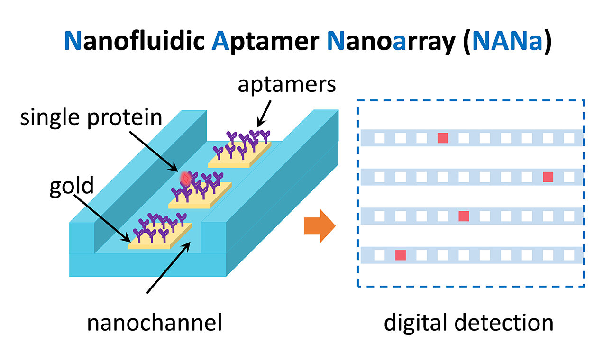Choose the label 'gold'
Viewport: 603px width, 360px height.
pyautogui.click(x=71, y=186)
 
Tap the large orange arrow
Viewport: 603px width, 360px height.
pyautogui.click(x=320, y=226)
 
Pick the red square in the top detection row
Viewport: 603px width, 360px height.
pyautogui.click(x=442, y=138)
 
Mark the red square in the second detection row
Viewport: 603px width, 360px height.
pyautogui.click(x=548, y=177)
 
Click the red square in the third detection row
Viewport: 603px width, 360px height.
pyautogui.click(x=464, y=216)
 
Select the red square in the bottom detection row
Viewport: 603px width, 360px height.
pyautogui.click(x=401, y=255)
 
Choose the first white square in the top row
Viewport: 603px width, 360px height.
pyautogui.click(x=379, y=138)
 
